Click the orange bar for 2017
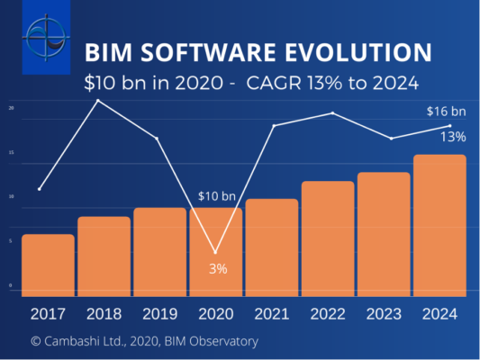click(48, 265)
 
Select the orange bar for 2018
click(104, 256)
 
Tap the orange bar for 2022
click(328, 238)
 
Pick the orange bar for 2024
click(439, 225)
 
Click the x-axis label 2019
click(159, 314)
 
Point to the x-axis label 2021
click(271, 314)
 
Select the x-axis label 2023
click(384, 314)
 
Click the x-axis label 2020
click(215, 314)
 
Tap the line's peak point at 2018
click(97, 101)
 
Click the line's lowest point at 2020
click(215, 252)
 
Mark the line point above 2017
click(40, 189)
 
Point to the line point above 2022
click(333, 113)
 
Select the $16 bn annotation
click(447, 112)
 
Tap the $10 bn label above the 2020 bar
click(216, 196)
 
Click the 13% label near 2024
click(453, 137)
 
